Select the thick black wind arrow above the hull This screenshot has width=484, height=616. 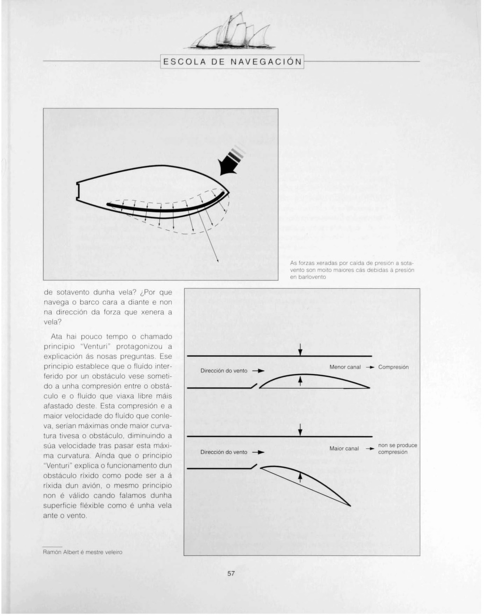230,164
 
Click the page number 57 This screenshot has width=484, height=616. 231,573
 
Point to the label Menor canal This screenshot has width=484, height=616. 345,367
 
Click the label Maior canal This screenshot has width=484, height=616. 344,449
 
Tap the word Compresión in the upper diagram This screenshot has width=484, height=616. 393,367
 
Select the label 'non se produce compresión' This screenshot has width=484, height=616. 397,449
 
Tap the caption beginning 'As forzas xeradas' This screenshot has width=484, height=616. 352,270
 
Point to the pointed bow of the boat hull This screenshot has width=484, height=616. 228,191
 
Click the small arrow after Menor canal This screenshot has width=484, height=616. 371,367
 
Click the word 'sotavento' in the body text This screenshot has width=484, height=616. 73,292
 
